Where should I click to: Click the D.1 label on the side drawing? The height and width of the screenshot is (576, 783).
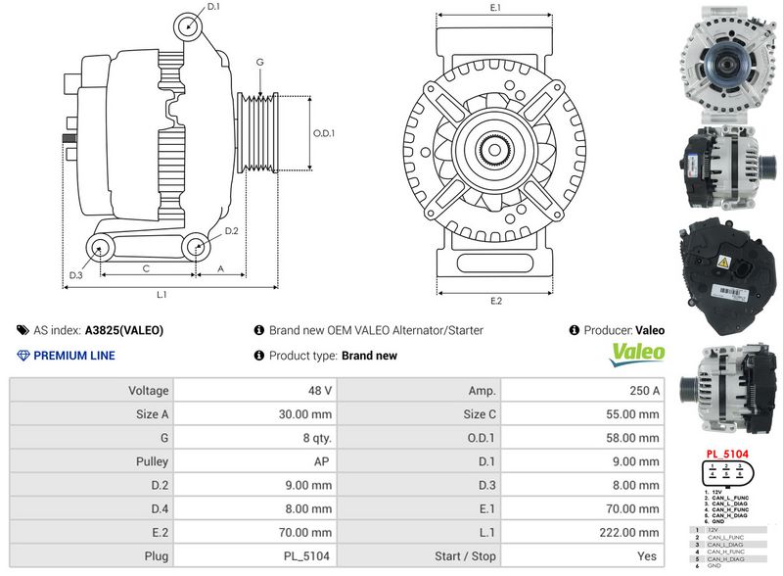pyautogui.click(x=214, y=7)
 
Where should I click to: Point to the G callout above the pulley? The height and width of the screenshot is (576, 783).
pyautogui.click(x=259, y=63)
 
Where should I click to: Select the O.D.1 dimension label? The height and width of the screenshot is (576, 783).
pyautogui.click(x=324, y=133)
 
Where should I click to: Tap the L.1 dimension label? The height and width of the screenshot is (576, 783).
pyautogui.click(x=162, y=294)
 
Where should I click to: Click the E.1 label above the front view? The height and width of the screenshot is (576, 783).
pyautogui.click(x=495, y=8)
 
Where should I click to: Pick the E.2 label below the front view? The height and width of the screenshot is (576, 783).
pyautogui.click(x=495, y=301)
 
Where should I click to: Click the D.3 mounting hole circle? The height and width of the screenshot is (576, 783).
pyautogui.click(x=99, y=248)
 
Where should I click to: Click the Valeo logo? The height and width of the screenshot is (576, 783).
pyautogui.click(x=637, y=354)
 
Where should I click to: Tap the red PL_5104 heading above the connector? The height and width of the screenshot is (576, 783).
pyautogui.click(x=727, y=455)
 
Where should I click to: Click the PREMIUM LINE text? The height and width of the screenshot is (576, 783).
pyautogui.click(x=74, y=356)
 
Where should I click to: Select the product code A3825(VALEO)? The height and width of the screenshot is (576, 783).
pyautogui.click(x=124, y=331)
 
